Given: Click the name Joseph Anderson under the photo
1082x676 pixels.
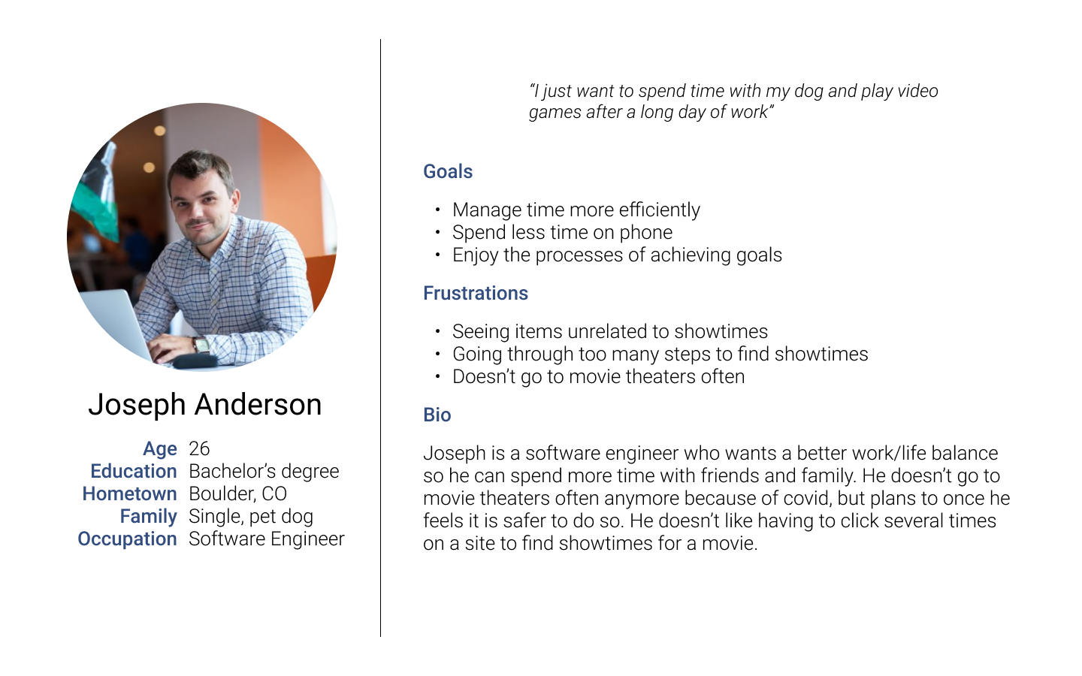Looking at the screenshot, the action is (205, 405).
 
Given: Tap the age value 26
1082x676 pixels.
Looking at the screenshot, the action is (199, 448).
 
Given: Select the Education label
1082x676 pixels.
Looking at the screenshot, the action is (133, 471).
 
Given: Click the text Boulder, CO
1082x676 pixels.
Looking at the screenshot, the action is (237, 494).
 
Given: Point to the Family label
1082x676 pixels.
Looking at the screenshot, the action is (148, 517).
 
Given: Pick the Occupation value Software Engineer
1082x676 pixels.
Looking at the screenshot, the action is (267, 539).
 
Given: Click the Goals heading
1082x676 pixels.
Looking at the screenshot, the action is (448, 172).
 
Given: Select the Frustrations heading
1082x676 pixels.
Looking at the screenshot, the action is (476, 293).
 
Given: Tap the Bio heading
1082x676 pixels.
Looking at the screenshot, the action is (437, 415).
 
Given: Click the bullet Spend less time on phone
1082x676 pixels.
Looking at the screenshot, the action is (562, 233).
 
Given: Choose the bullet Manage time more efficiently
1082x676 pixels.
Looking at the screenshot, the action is (576, 210).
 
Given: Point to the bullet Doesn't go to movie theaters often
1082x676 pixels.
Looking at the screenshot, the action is (598, 376).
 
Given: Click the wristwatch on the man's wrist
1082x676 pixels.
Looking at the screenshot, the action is (201, 345).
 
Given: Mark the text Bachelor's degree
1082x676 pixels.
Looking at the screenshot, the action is (264, 471).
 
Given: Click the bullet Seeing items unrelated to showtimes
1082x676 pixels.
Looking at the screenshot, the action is (610, 332).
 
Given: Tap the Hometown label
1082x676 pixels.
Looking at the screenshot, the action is (129, 494).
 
